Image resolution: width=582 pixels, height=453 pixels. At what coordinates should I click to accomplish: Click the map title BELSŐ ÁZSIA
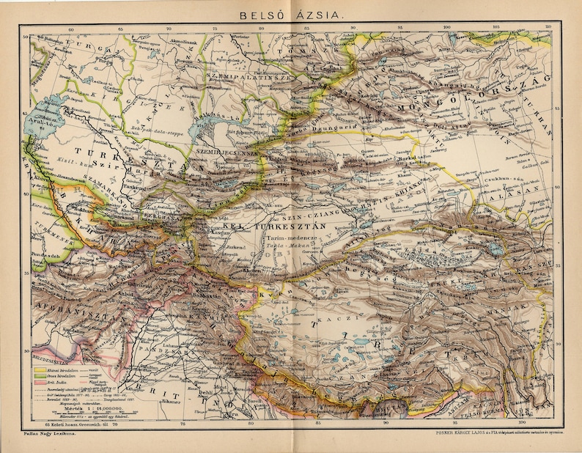tap(290, 12)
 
